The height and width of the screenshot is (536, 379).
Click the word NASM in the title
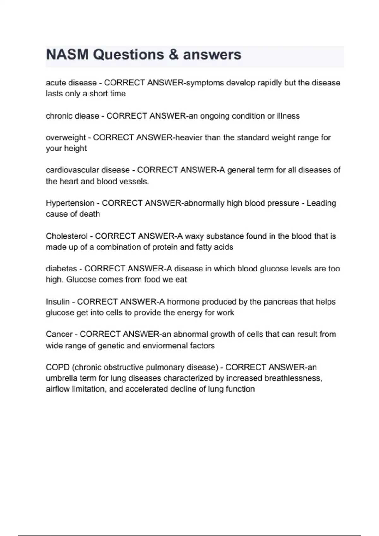[x=67, y=55]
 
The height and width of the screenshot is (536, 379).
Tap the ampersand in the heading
[x=174, y=55]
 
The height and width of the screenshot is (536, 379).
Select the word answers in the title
[x=212, y=55]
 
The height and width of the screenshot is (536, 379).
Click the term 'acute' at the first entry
[x=56, y=83]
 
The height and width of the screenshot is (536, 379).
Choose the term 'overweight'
[x=66, y=138]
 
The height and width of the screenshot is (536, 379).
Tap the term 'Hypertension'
[x=70, y=203]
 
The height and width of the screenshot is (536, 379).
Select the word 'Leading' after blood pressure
[x=321, y=203]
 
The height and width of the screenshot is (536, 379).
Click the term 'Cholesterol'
[x=67, y=236]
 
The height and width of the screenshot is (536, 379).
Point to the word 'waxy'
[x=194, y=236]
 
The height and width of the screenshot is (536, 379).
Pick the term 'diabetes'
[x=61, y=269]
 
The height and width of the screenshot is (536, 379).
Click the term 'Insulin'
[x=57, y=302]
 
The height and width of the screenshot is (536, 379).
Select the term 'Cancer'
[x=59, y=334]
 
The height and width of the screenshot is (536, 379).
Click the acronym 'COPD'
[x=57, y=367]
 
